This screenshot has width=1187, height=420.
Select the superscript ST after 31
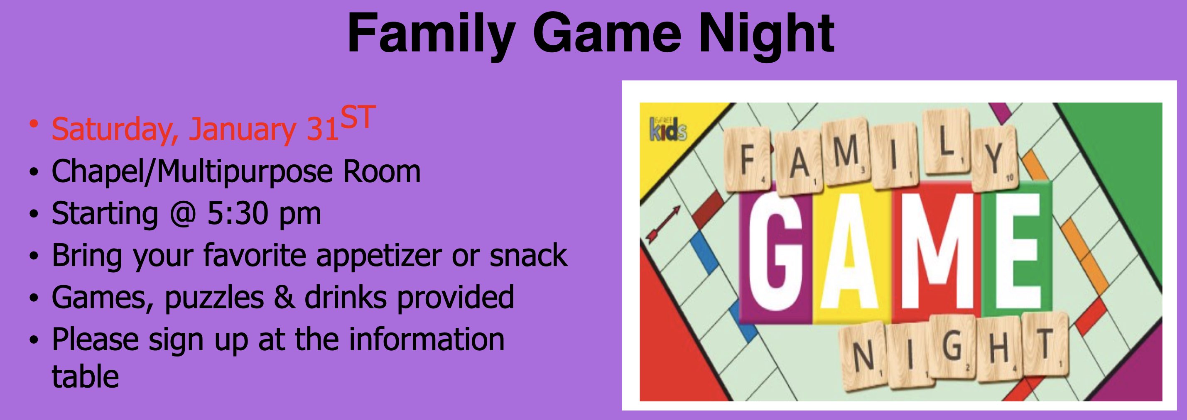pyautogui.click(x=358, y=117)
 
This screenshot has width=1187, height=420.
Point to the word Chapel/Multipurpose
pyautogui.click(x=192, y=172)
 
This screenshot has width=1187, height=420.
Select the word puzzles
pyautogui.click(x=214, y=298)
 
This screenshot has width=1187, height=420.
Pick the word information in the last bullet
pyautogui.click(x=427, y=339)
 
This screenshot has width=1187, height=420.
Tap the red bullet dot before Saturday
pyautogui.click(x=33, y=123)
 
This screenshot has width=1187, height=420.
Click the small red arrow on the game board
pyautogui.click(x=664, y=224)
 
